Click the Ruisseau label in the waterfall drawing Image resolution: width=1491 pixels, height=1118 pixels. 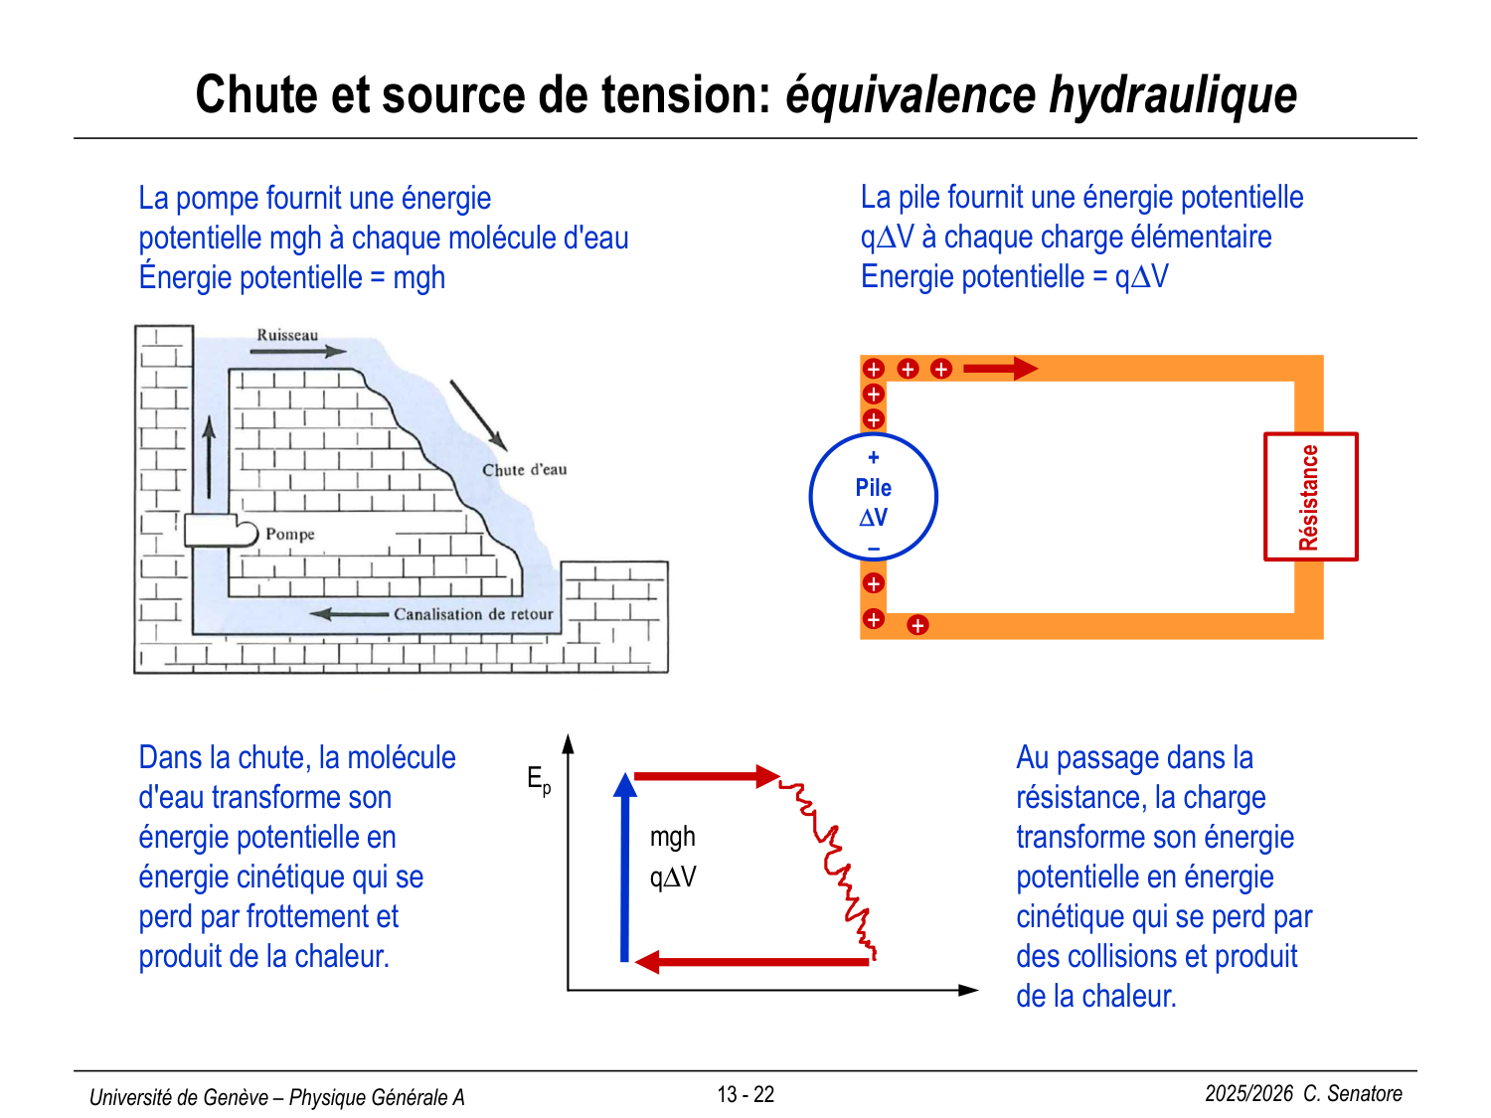pos(287,335)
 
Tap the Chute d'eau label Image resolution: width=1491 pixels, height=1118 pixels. pos(524,470)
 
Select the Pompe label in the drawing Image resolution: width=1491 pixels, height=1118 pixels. pos(289,535)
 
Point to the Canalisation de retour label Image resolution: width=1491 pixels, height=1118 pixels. pos(473,614)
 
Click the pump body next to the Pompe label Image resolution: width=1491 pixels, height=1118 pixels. pos(220,531)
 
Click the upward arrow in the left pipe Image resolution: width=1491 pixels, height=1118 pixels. pos(209,457)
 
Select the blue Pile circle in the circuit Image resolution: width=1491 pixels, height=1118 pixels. pos(874,497)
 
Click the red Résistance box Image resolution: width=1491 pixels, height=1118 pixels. pos(1310,497)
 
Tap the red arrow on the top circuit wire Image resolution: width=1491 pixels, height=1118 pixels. pos(1000,369)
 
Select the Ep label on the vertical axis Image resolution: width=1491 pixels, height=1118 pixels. pos(538,780)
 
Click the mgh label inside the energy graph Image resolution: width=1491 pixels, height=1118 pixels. pos(673,837)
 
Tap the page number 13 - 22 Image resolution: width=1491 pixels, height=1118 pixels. pos(745,1094)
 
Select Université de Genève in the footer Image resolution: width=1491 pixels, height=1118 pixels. pos(179,1097)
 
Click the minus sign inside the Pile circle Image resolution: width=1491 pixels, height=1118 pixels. pos(874,549)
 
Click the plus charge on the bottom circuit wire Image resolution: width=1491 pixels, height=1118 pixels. pos(917,625)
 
